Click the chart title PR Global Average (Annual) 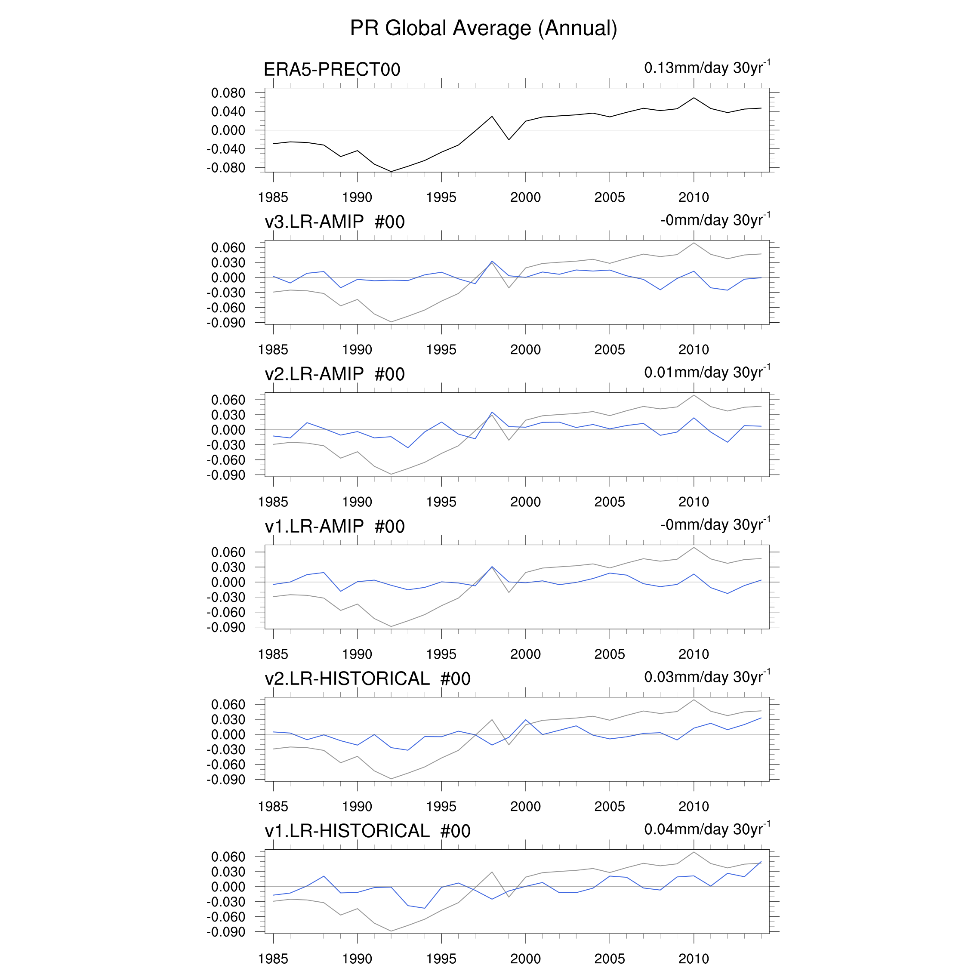(484, 28)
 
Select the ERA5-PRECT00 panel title (332, 70)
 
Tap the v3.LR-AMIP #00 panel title (334, 222)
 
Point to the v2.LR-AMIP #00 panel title (334, 374)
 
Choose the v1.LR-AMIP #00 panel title (334, 527)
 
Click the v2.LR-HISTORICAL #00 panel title (367, 679)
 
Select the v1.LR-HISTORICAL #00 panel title (367, 831)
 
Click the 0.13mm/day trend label (706, 68)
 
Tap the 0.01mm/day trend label (706, 372)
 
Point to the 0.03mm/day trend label (706, 677)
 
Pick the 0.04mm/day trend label (706, 829)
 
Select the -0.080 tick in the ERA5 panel (226, 168)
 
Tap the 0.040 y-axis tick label (228, 112)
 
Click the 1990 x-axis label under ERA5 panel (357, 197)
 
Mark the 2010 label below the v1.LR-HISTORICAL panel (694, 959)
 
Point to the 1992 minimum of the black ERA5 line (391, 171)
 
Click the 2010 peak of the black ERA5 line (694, 98)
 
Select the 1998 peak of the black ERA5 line (492, 116)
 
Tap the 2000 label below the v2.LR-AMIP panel (525, 502)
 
